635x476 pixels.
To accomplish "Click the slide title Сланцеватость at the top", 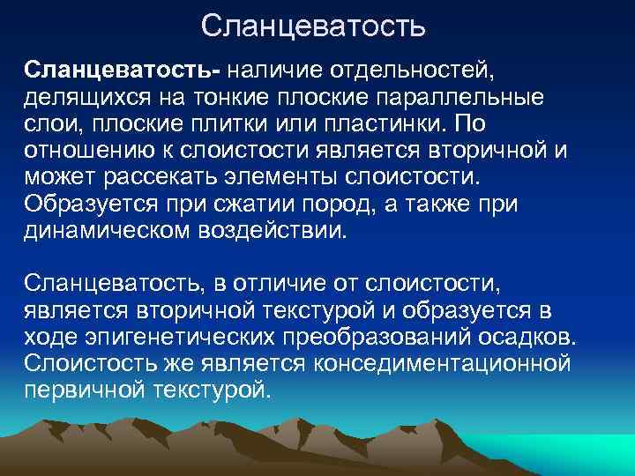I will [x=313, y=26].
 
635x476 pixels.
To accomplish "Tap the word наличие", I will [x=284, y=68].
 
